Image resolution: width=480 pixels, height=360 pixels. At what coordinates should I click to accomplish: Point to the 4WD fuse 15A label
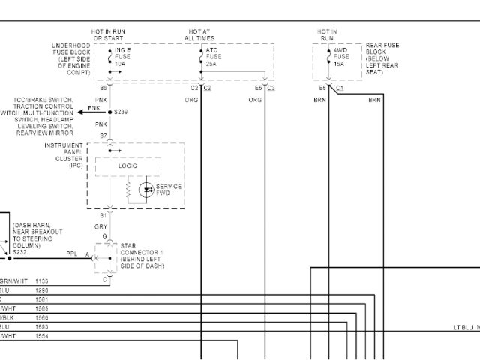tap(341, 57)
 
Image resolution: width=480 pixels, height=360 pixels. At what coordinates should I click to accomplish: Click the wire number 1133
tap(41, 279)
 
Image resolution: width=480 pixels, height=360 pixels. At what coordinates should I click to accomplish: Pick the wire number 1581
tap(41, 298)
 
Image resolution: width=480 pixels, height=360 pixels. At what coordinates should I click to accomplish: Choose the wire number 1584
tap(41, 335)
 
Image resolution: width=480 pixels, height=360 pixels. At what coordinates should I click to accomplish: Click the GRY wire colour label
tap(100, 226)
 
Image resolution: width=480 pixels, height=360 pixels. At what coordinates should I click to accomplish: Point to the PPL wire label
tap(72, 253)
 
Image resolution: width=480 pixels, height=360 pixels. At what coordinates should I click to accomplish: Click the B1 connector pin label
tap(103, 215)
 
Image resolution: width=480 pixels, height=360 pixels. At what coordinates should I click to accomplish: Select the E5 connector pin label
tap(258, 88)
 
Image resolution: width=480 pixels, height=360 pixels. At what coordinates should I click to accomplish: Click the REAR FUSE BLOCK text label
tap(381, 58)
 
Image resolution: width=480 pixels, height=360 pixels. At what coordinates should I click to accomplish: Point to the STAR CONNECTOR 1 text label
tap(142, 256)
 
